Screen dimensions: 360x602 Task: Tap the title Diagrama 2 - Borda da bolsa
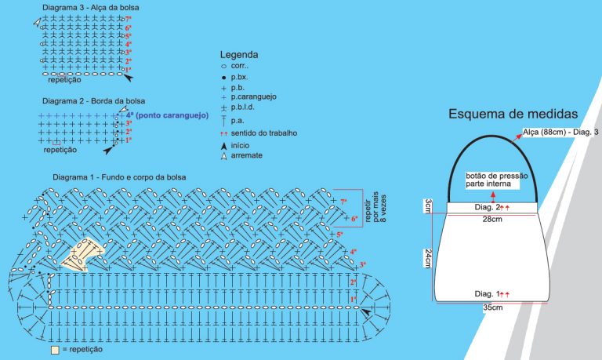pyautogui.click(x=93, y=101)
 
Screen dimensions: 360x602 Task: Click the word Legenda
pyautogui.click(x=238, y=55)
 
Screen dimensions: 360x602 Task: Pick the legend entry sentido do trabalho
pyautogui.click(x=263, y=133)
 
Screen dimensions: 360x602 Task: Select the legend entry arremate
pyautogui.click(x=246, y=156)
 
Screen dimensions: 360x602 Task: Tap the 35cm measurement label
pyautogui.click(x=492, y=307)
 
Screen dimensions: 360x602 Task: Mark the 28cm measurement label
pyautogui.click(x=492, y=219)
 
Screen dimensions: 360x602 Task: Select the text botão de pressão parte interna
pyautogui.click(x=491, y=180)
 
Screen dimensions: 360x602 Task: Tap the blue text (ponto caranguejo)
pyautogui.click(x=171, y=115)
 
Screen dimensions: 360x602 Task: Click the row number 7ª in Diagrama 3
pyautogui.click(x=128, y=17)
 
